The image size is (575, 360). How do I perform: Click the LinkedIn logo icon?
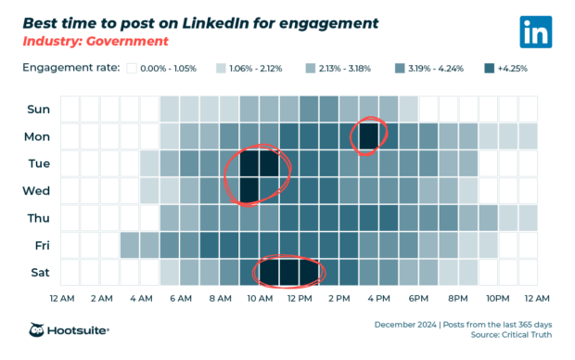coord(536,32)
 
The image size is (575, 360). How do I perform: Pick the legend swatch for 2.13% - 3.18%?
coord(311,69)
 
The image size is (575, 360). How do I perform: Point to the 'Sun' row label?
coord(39,109)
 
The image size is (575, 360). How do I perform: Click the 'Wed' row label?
coord(39,191)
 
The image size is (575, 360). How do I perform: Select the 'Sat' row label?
coord(39,273)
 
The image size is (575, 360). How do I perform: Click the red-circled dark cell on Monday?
coord(369,136)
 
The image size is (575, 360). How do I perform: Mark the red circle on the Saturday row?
coord(288,272)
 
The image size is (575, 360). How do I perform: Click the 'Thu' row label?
coord(39,218)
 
